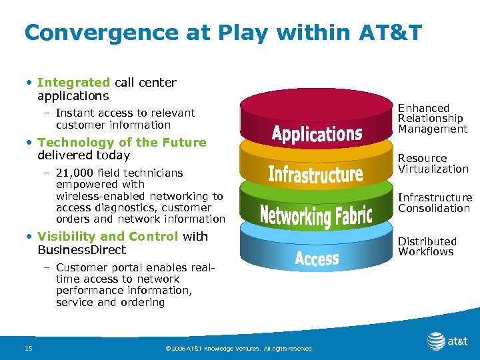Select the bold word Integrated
pyautogui.click(x=74, y=83)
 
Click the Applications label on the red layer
pyautogui.click(x=317, y=133)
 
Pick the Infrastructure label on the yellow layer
pyautogui.click(x=315, y=174)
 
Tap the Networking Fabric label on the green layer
pyautogui.click(x=315, y=215)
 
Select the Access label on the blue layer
pyautogui.click(x=317, y=258)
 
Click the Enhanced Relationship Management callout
pyautogui.click(x=433, y=119)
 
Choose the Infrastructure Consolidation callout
pyautogui.click(x=435, y=203)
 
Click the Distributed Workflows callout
pyautogui.click(x=427, y=247)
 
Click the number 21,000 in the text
pyautogui.click(x=75, y=173)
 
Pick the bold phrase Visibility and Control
pyautogui.click(x=108, y=237)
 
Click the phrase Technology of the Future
pyautogui.click(x=122, y=142)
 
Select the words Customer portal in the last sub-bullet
pyautogui.click(x=95, y=267)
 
